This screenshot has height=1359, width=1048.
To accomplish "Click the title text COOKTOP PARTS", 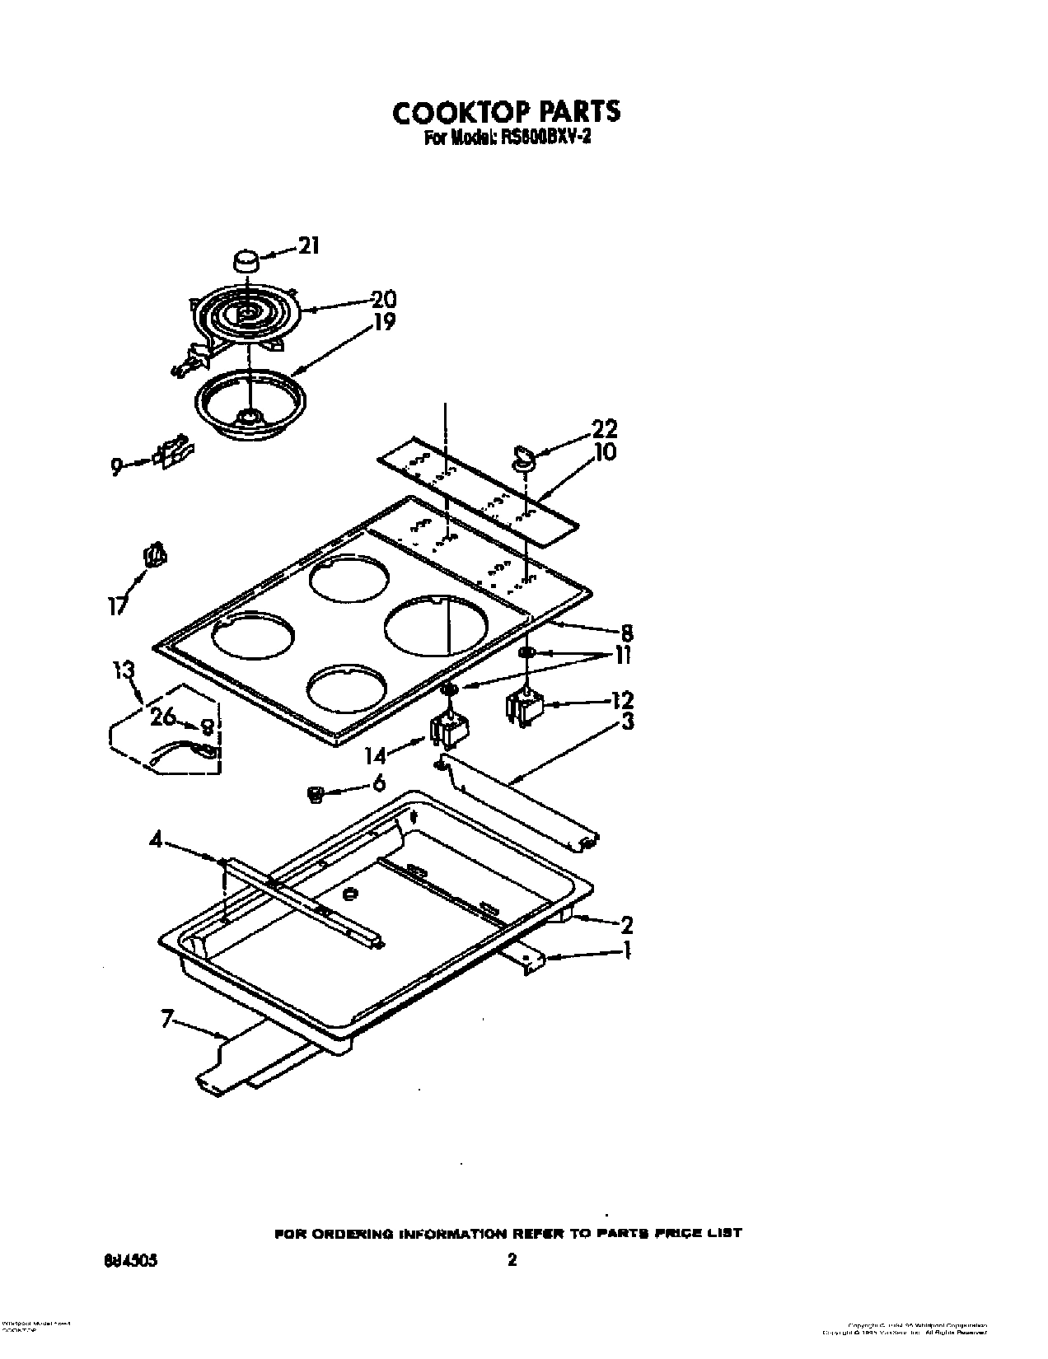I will tap(506, 112).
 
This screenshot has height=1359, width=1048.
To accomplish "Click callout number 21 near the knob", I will tap(307, 245).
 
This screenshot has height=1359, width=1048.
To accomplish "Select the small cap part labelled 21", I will tap(245, 262).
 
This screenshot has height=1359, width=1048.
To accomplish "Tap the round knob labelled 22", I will tap(522, 458).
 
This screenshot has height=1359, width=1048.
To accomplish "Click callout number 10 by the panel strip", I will tap(605, 452).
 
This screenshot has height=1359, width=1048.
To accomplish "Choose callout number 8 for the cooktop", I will tap(626, 633).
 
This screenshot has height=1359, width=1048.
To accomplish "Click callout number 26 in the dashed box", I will tap(162, 717).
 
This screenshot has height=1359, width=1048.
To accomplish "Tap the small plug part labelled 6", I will tap(314, 793).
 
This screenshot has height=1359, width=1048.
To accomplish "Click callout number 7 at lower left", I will tap(166, 1020).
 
